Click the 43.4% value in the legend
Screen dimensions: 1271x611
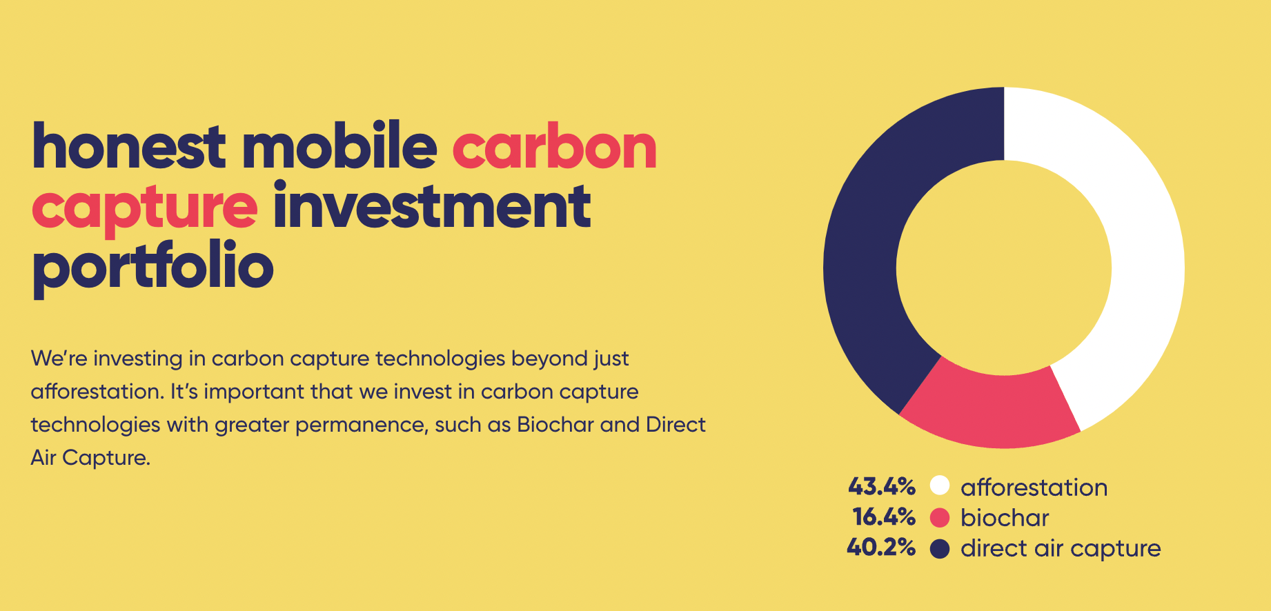(x=882, y=487)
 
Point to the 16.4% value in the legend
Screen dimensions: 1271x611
(x=884, y=517)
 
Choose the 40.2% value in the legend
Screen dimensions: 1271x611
(x=881, y=548)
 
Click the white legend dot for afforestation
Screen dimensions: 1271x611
(x=940, y=485)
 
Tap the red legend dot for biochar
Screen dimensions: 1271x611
(x=940, y=518)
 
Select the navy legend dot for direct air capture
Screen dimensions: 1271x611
(x=940, y=549)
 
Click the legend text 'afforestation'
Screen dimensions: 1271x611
(x=1034, y=487)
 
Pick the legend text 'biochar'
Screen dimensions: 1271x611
(x=1005, y=517)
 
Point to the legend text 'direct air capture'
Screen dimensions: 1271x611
(x=1061, y=548)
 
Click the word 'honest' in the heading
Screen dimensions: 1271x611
(x=129, y=146)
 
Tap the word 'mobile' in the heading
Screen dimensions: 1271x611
(x=339, y=146)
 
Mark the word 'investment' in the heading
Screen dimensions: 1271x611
(x=432, y=205)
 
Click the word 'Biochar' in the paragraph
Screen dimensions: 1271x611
(x=555, y=424)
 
